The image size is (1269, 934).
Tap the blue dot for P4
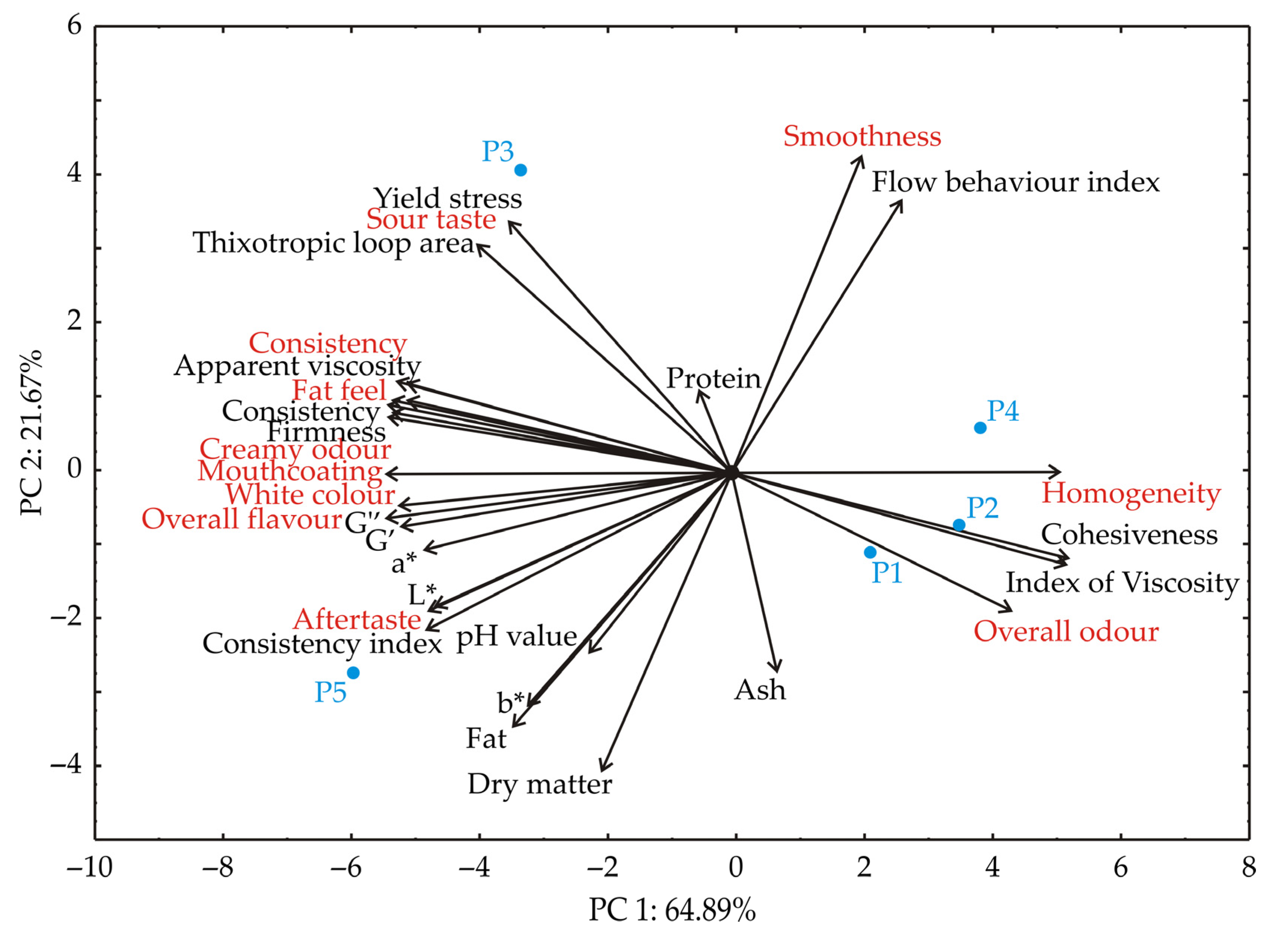coord(980,428)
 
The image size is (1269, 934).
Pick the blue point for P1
coord(870,552)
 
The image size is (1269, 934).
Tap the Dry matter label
coord(540,785)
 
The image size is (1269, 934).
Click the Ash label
coord(760,690)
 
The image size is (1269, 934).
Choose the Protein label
coord(714,379)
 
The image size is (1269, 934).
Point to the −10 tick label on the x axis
coord(89,867)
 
